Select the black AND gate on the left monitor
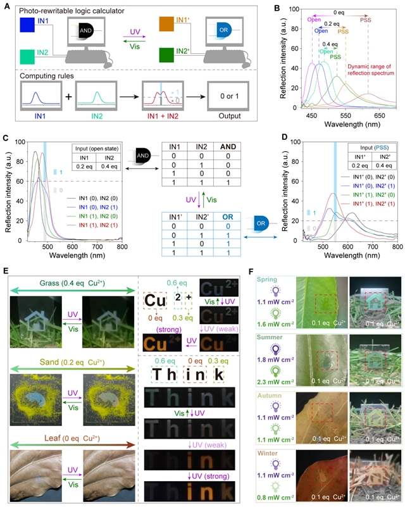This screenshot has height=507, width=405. (89, 30)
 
